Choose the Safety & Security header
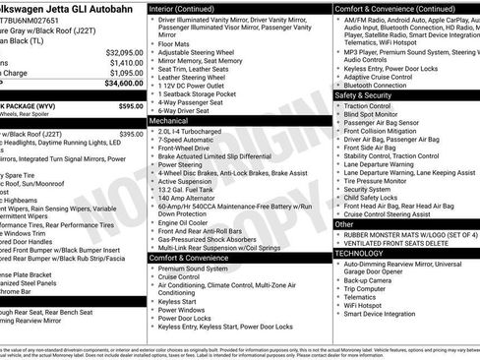pyautogui.click(x=371, y=96)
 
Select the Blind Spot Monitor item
pyautogui.click(x=380, y=117)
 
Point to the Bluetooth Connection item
pyautogui.click(x=385, y=86)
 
